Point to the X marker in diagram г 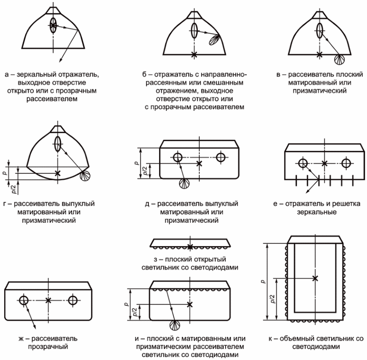(x=58, y=173)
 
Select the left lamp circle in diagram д (x=177, y=157)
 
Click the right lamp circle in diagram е (x=346, y=163)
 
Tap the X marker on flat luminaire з (x=190, y=247)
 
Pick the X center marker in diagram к (x=315, y=278)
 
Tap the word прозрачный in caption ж (x=48, y=347)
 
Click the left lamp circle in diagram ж (x=24, y=300)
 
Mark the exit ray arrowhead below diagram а (x=60, y=60)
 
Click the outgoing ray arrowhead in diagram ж (x=34, y=327)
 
